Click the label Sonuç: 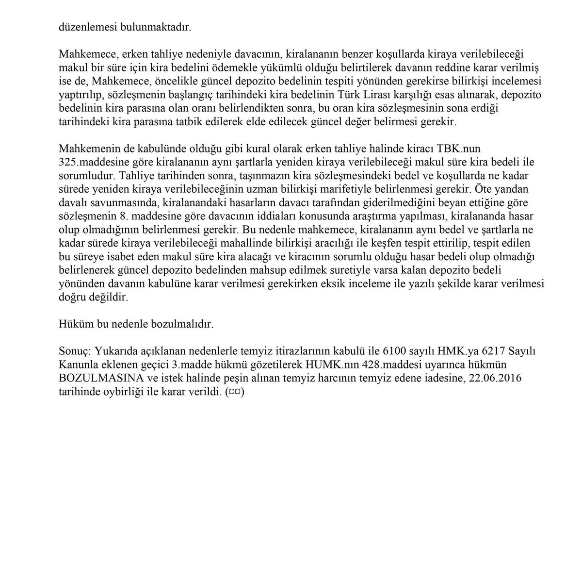point(74,351)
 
